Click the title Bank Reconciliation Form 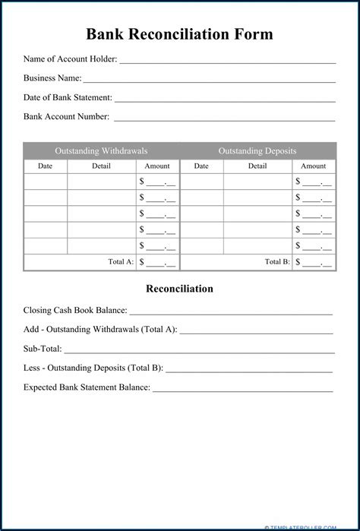(179, 34)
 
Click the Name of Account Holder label (70, 59)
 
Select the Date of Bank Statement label (68, 97)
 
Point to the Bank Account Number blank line (224, 119)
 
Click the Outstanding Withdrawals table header (101, 150)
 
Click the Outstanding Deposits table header (257, 150)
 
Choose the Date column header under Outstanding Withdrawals (46, 166)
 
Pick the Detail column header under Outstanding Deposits (257, 166)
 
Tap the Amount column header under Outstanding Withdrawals (157, 166)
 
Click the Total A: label (121, 261)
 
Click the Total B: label (277, 261)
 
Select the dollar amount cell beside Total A (157, 261)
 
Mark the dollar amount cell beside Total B (314, 261)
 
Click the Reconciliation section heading (179, 289)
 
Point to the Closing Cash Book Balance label (75, 310)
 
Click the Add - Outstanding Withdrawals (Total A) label (100, 330)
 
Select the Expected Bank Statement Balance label (87, 387)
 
